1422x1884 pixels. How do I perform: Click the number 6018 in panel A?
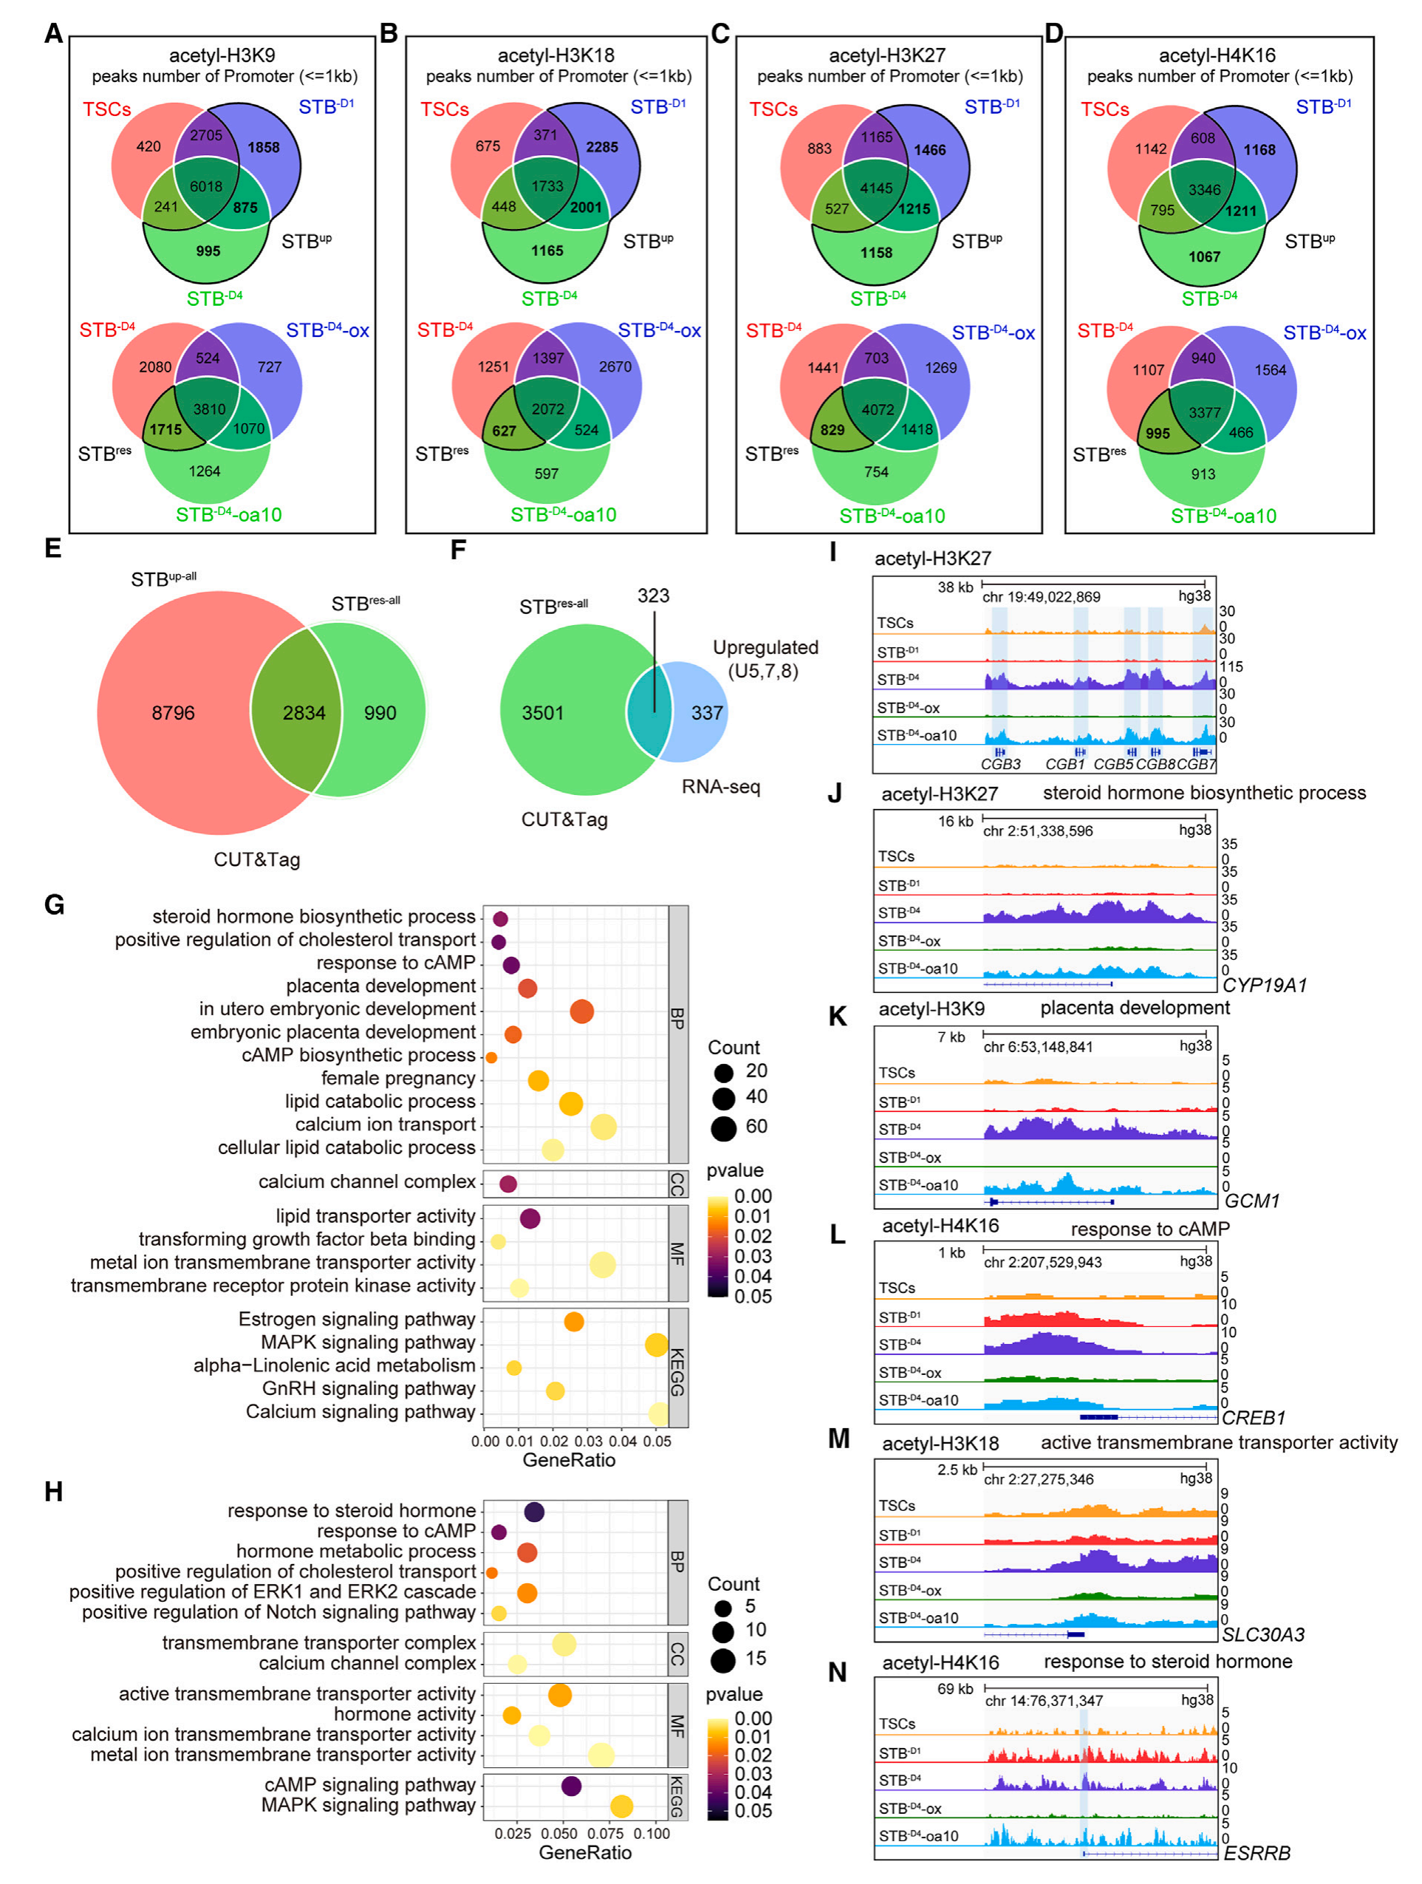[x=206, y=186]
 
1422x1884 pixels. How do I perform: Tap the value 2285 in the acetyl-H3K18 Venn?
[x=601, y=147]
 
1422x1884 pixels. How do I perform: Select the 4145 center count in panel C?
[x=876, y=188]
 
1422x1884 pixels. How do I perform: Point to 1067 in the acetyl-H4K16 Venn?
[x=1204, y=256]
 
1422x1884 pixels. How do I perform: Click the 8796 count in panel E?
[x=173, y=713]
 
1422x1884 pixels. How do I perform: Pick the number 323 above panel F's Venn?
[x=653, y=595]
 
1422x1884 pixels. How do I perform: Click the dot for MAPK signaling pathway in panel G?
[x=656, y=1345]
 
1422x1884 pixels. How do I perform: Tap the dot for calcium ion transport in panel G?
[x=603, y=1127]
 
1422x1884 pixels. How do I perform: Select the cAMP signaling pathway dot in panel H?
[x=571, y=1786]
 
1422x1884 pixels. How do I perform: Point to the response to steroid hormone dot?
[x=534, y=1512]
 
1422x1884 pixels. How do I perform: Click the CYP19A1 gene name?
[x=1264, y=986]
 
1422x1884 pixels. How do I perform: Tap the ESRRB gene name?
[x=1257, y=1853]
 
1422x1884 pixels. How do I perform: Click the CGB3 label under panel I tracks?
[x=1000, y=764]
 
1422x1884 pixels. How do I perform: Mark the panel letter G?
[x=54, y=904]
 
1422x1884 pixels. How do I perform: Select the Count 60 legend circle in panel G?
[x=724, y=1128]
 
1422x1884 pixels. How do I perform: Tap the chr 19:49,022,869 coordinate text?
[x=1042, y=596]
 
